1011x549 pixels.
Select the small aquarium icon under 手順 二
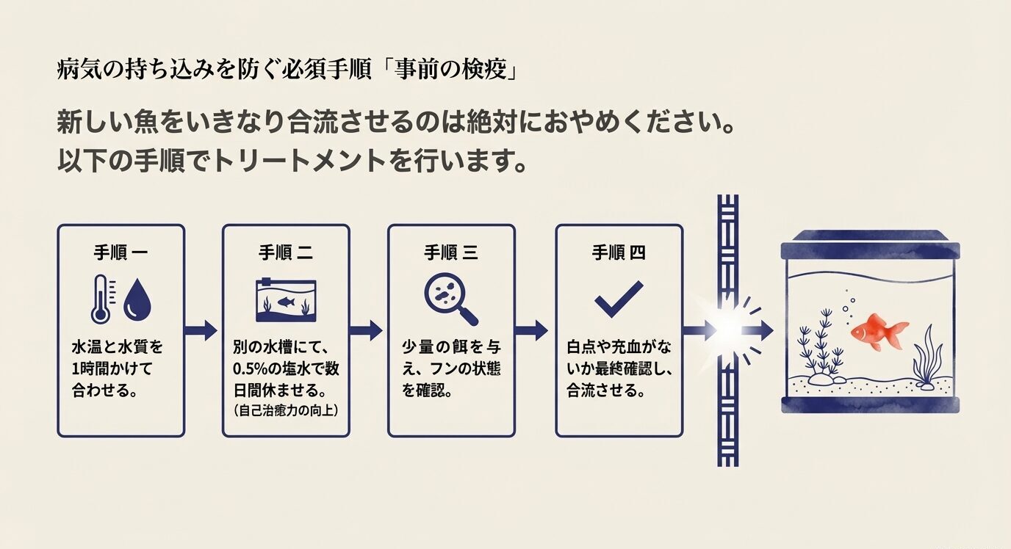tap(286, 300)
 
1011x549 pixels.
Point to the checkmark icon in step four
tap(618, 299)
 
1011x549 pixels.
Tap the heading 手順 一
tap(120, 253)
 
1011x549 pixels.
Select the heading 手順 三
tap(450, 253)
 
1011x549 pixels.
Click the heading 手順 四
tap(618, 253)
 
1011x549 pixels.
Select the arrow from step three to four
tap(533, 330)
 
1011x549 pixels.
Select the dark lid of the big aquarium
tap(870, 244)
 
